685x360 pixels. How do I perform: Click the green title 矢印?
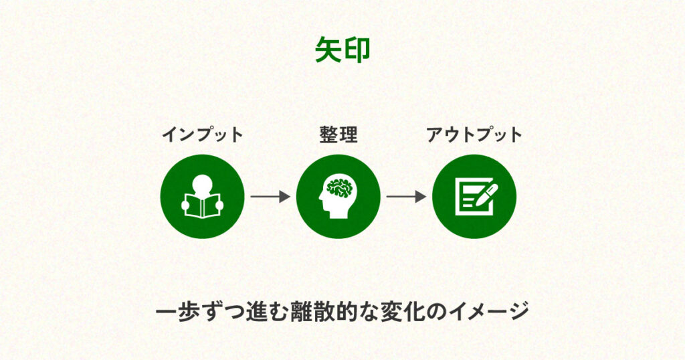[x=342, y=50]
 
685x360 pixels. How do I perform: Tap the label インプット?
[x=202, y=134]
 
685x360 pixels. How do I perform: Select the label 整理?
[x=338, y=134]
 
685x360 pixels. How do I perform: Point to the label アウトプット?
[x=474, y=134]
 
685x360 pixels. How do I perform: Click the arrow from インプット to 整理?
[x=270, y=197]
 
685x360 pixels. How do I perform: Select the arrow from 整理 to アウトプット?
[x=406, y=197]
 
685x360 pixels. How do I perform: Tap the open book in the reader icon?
[x=202, y=205]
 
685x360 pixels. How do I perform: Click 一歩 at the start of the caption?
[x=177, y=312]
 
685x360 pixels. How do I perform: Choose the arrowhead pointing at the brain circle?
[x=285, y=197]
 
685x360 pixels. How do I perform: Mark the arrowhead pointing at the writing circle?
[x=421, y=197]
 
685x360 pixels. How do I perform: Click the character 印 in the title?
[x=357, y=50]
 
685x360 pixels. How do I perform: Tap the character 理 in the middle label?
[x=349, y=134]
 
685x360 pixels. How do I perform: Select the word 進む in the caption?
[x=267, y=312]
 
